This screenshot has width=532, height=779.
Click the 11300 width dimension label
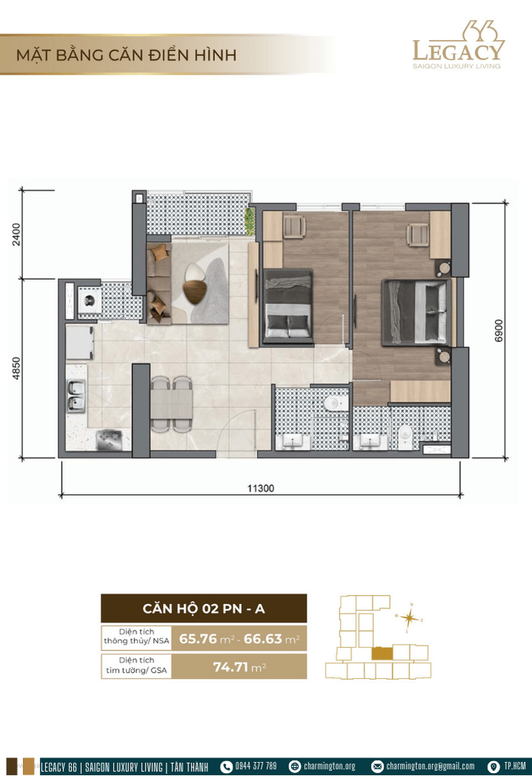click(260, 488)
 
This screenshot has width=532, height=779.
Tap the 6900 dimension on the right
click(499, 330)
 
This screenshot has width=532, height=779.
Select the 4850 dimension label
click(17, 368)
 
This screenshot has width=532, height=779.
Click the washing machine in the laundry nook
click(90, 301)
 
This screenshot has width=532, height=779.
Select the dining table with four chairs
click(171, 404)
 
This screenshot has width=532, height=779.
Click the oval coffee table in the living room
click(194, 283)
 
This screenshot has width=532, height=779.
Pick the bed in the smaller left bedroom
click(288, 306)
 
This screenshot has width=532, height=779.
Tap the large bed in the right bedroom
click(417, 312)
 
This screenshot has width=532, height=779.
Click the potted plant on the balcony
click(250, 220)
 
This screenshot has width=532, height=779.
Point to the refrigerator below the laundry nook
click(80, 342)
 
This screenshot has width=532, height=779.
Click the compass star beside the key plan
click(410, 618)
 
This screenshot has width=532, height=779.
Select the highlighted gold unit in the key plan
click(382, 654)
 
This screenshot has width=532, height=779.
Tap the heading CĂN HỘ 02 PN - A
click(203, 608)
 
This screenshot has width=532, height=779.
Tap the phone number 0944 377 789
click(256, 766)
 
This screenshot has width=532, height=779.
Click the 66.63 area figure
click(263, 638)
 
